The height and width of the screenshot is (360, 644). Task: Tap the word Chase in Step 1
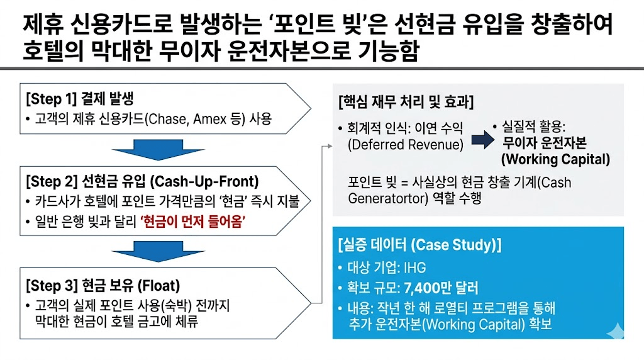coord(161,119)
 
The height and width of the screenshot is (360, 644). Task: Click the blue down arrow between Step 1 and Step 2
coord(150,151)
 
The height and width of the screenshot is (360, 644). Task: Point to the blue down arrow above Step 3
coord(150,251)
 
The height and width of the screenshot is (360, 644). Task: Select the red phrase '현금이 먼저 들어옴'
coord(194,221)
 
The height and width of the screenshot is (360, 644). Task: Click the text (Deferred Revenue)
coord(405,145)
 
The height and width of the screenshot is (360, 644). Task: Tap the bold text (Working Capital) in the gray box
coord(555,159)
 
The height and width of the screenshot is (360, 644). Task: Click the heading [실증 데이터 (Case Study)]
coord(419,245)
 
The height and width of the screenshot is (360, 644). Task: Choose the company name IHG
coord(414,268)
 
